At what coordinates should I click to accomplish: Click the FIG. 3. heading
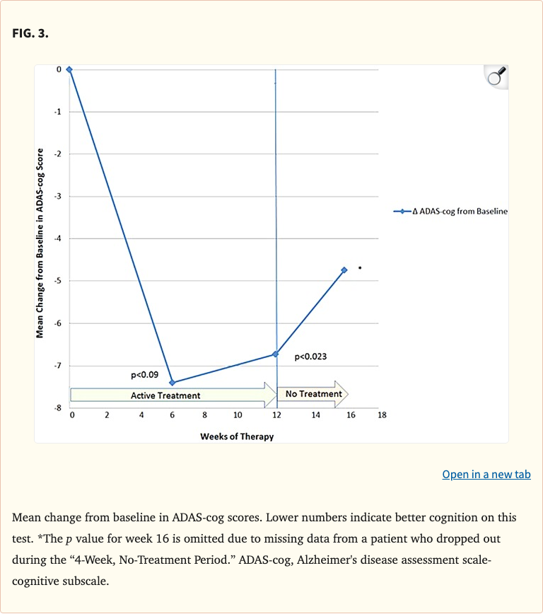(x=30, y=33)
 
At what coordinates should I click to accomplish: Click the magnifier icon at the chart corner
(x=496, y=76)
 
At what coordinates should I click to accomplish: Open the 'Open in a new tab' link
(x=486, y=474)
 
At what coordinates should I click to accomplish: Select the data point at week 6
(x=173, y=382)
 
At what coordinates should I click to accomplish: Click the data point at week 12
(x=275, y=354)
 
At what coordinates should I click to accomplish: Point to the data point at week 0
(x=69, y=69)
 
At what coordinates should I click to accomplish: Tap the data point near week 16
(x=344, y=270)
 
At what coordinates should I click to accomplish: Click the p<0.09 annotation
(x=144, y=374)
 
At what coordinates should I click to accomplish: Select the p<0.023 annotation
(x=310, y=357)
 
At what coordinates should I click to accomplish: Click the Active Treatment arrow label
(x=165, y=395)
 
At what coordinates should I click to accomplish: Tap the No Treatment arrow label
(x=313, y=394)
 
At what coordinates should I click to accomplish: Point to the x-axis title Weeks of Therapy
(x=237, y=436)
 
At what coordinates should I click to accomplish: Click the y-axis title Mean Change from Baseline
(x=40, y=242)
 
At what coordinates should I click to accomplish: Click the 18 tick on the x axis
(x=382, y=416)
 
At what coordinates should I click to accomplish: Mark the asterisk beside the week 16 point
(x=360, y=268)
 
